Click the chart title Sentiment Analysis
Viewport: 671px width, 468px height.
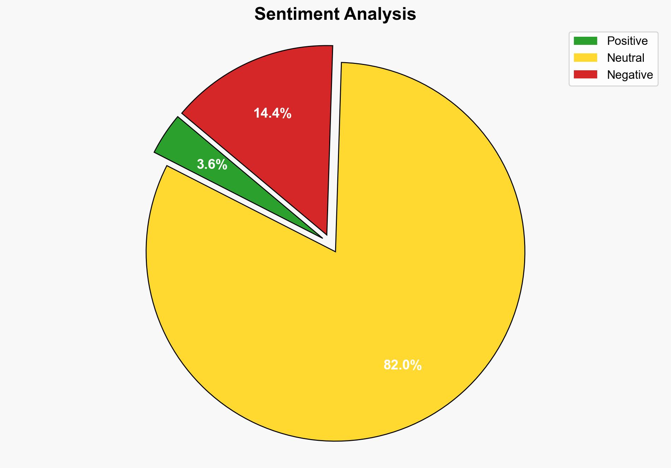[x=335, y=14]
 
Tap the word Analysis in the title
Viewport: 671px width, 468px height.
[x=380, y=14]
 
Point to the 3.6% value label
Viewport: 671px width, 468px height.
[x=212, y=165]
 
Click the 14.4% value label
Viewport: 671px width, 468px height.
[x=272, y=113]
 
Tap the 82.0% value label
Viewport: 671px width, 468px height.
[x=402, y=365]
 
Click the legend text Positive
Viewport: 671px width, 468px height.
[x=627, y=41]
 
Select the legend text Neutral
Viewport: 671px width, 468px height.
[x=625, y=58]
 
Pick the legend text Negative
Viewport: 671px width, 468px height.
[x=630, y=75]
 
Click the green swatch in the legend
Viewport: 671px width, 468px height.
[x=585, y=41]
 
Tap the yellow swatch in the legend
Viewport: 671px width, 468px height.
[x=585, y=58]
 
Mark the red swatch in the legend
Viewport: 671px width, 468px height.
[x=585, y=75]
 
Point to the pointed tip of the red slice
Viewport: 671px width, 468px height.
[x=327, y=234]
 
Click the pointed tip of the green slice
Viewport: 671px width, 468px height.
[x=322, y=237]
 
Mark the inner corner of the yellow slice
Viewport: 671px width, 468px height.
[x=335, y=251]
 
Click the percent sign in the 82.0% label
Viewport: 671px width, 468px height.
[x=415, y=365]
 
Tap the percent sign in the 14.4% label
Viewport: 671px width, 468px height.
[x=285, y=113]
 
